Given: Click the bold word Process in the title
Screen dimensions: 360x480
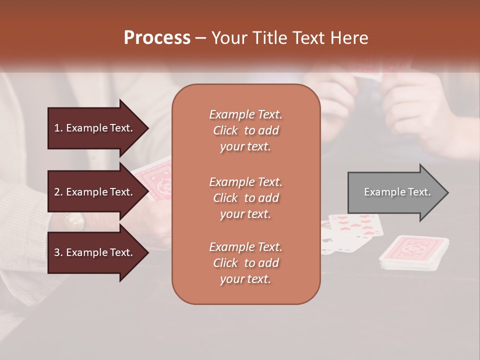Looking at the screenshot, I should [x=157, y=38].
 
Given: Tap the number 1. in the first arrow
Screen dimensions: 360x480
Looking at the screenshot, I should [x=58, y=128].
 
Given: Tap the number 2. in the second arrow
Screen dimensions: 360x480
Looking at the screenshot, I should [x=58, y=192].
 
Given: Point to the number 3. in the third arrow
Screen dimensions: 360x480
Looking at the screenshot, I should [x=58, y=252].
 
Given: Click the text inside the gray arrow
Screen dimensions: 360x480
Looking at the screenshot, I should [x=397, y=192].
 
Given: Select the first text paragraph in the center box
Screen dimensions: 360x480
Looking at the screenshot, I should [x=245, y=130].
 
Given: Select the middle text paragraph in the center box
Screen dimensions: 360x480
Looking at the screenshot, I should [x=245, y=198].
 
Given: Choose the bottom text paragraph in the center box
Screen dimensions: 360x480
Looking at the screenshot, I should [x=245, y=263].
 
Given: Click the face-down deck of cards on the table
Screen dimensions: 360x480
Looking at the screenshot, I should [x=413, y=252].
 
